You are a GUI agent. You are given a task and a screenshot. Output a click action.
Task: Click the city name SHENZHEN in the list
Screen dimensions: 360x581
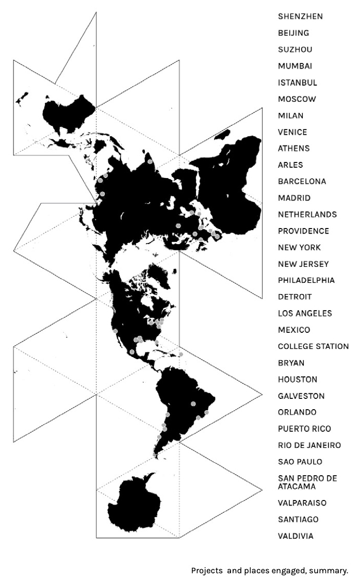click(x=300, y=17)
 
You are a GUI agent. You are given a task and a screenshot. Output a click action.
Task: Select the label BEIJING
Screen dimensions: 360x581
click(x=293, y=33)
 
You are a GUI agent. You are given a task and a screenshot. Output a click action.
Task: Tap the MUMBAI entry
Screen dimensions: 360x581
click(x=294, y=66)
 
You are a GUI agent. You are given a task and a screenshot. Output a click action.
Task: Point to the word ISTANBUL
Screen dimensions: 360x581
click(x=297, y=83)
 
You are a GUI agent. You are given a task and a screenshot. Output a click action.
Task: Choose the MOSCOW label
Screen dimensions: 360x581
click(x=297, y=99)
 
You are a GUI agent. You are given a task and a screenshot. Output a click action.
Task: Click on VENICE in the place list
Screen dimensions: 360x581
click(x=292, y=132)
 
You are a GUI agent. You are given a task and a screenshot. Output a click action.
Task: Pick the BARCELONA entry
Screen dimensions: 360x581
click(x=302, y=182)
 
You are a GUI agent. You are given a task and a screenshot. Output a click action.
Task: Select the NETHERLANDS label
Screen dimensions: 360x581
click(x=307, y=215)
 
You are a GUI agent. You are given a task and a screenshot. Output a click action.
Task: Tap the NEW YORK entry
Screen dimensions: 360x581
click(x=299, y=248)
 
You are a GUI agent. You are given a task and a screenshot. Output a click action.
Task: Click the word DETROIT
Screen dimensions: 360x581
click(x=294, y=297)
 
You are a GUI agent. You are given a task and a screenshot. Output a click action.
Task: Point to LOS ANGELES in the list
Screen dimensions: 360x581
click(x=305, y=314)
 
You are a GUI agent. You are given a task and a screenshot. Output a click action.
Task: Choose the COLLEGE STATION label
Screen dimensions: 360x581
click(x=313, y=347)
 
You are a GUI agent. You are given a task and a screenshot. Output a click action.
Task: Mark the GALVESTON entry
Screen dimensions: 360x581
click(x=301, y=396)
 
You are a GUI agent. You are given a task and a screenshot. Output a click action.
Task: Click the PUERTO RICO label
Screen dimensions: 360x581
click(x=304, y=429)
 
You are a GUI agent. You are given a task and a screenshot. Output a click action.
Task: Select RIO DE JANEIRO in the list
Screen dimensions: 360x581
click(x=309, y=445)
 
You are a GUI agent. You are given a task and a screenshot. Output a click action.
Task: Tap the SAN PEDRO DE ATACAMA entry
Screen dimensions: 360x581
click(x=307, y=482)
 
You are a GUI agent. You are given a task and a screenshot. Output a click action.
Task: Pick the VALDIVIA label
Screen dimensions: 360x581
click(x=295, y=536)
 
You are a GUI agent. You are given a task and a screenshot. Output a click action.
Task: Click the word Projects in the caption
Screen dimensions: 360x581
click(x=207, y=571)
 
